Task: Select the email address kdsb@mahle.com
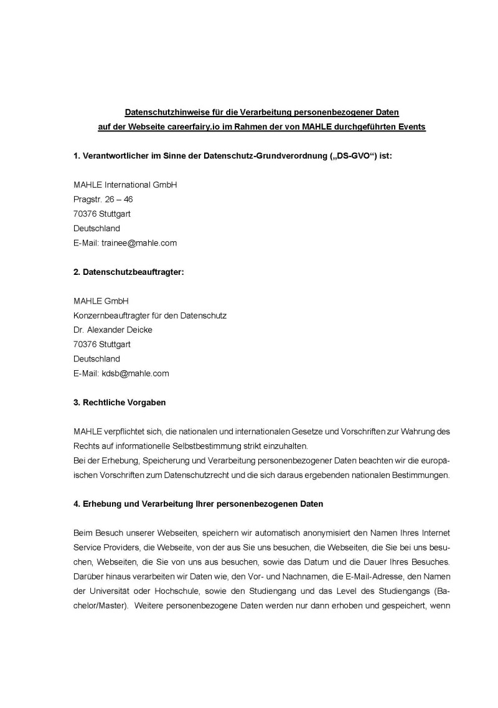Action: pos(136,373)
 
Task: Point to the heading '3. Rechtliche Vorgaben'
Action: pos(120,403)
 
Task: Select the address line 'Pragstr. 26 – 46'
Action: pos(103,199)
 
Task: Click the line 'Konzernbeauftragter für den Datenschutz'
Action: pos(150,315)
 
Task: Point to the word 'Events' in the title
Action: pos(411,127)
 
